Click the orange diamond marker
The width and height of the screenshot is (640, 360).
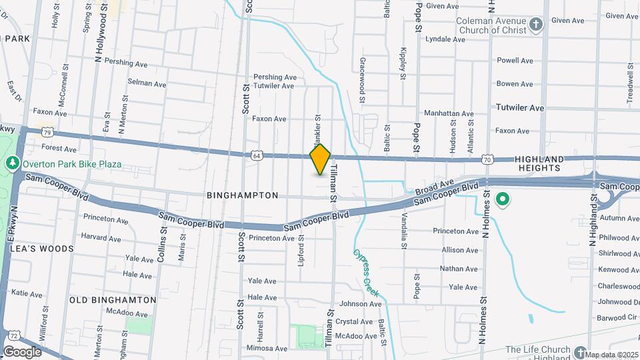(x=321, y=159)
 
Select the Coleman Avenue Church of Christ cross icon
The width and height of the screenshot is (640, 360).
(x=537, y=26)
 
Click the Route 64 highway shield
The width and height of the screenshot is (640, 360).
(x=257, y=155)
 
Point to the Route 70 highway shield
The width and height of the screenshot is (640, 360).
(x=488, y=159)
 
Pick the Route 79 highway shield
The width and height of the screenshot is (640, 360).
(x=47, y=133)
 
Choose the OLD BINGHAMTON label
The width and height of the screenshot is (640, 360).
(x=113, y=300)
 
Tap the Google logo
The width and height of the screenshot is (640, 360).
(x=22, y=351)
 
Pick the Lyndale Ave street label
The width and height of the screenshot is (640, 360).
(x=445, y=39)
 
